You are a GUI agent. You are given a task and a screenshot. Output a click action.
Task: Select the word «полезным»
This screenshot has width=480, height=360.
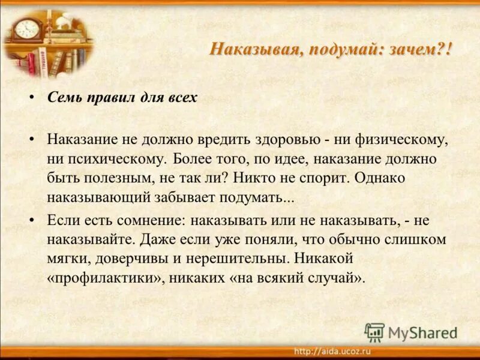112,179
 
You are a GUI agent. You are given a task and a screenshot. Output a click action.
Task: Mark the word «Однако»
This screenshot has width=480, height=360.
380,179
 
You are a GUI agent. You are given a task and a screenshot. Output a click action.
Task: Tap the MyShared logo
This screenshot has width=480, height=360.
411,332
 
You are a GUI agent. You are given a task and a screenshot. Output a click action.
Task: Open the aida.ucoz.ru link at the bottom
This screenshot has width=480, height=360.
332,351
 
